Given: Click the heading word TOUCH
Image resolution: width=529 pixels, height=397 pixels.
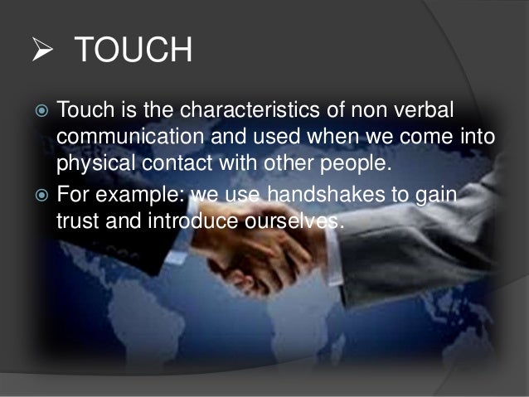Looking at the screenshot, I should tap(133, 52).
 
